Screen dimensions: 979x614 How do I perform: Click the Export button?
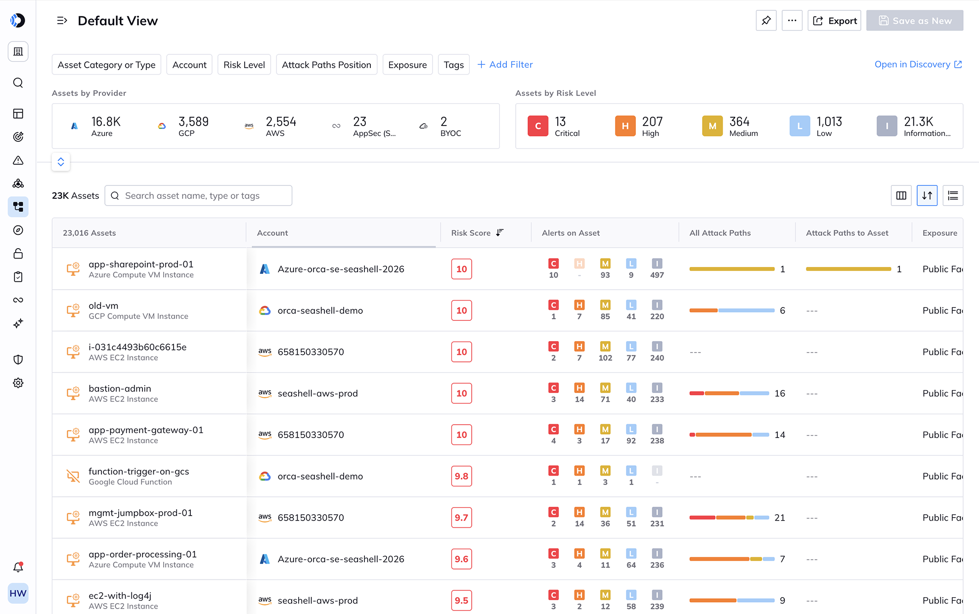(x=834, y=21)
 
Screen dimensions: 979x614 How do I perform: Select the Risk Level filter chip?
(x=244, y=65)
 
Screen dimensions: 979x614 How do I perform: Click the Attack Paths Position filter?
(x=326, y=65)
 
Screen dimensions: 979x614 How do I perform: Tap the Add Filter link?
(x=505, y=65)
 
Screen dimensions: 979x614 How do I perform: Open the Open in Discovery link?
(x=918, y=65)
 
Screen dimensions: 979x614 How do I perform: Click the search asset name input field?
(x=198, y=196)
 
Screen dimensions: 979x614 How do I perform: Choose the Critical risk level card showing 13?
(x=554, y=126)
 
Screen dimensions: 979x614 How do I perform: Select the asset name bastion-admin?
(x=120, y=389)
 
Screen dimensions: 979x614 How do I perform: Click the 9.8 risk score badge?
(x=461, y=476)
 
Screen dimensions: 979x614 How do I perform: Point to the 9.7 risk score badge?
(x=461, y=518)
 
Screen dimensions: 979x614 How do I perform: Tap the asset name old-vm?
(x=103, y=306)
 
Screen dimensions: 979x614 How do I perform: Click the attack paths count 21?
(x=780, y=518)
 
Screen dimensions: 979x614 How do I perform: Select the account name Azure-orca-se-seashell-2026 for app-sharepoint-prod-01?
(x=341, y=269)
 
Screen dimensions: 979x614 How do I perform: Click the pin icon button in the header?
(x=766, y=21)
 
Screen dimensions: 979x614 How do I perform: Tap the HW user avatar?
(x=18, y=593)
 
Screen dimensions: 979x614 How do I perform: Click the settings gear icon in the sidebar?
(x=18, y=383)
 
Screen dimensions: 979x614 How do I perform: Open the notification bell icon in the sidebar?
(x=18, y=567)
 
